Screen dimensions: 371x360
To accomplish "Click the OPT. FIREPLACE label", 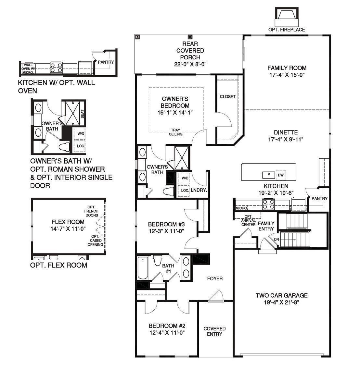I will [286, 30].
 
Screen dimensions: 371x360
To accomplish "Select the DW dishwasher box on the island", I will [281, 175].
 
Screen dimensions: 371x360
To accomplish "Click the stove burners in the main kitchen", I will [268, 204].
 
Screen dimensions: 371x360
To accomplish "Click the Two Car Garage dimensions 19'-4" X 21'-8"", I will [281, 302].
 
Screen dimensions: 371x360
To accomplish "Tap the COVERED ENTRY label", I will [214, 331].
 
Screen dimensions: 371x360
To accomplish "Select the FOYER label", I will [215, 278].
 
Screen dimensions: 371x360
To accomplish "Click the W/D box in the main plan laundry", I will [185, 178].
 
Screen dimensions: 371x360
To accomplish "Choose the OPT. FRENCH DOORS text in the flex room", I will [92, 211].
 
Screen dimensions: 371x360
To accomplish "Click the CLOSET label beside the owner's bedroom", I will [227, 97].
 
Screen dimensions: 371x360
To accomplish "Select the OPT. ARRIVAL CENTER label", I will [248, 220].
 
